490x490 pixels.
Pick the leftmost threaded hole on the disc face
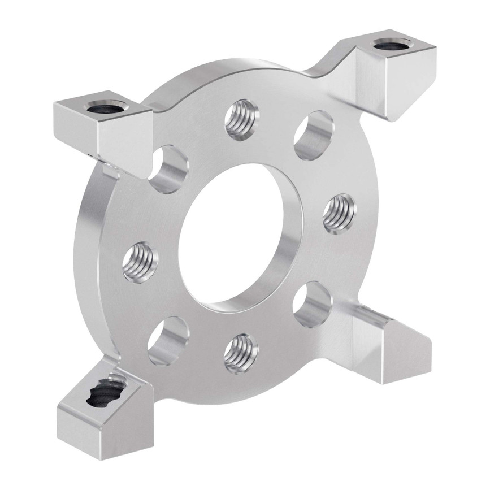pos(140,261)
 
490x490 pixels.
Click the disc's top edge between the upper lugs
pos(237,73)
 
